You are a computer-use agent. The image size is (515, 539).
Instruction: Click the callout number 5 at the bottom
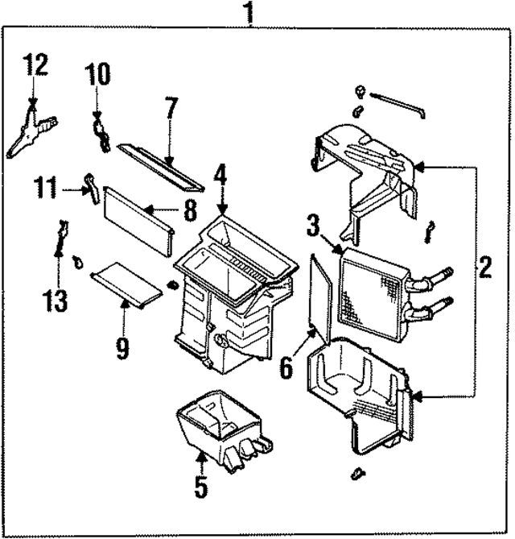(200, 486)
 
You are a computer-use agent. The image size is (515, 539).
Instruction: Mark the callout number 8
(189, 211)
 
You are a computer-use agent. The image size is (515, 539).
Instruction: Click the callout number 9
(122, 348)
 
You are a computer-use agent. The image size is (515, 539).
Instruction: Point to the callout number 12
(35, 64)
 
